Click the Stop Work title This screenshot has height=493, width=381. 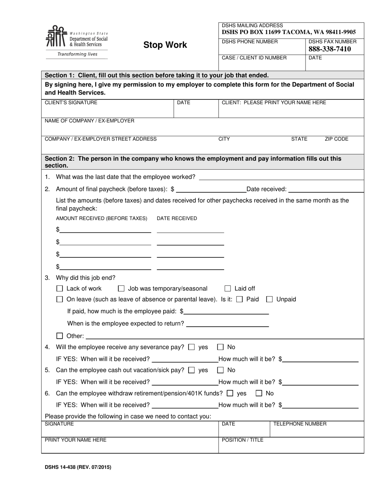coord(165,45)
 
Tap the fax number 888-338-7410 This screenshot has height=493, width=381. coord(330,49)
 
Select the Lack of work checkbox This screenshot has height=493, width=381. coord(60,289)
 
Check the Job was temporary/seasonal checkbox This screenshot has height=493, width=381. coord(122,289)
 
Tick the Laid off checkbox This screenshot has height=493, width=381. coord(228,289)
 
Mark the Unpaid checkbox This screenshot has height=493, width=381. coord(270,299)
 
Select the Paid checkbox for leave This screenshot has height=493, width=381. coord(240,299)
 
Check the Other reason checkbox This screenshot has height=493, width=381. coord(60,336)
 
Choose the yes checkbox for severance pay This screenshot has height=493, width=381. coord(192,347)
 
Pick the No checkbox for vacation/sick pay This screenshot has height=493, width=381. coord(221,370)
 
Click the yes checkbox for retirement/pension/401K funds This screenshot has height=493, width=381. coord(230,393)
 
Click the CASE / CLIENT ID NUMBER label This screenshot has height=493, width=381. coord(254,58)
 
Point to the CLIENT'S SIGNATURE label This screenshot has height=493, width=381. coord(71,103)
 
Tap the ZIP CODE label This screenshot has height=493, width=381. coord(336,139)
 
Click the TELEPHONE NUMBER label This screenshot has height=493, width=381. coord(300,424)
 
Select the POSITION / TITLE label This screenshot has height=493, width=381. coord(243,440)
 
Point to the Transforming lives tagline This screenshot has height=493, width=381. coord(77,54)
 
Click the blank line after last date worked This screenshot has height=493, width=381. coord(281,177)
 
